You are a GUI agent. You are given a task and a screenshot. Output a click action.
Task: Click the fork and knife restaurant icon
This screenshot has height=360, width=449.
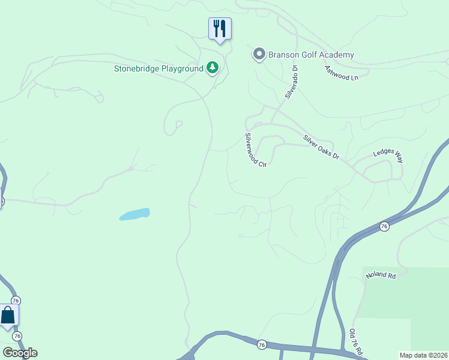220,28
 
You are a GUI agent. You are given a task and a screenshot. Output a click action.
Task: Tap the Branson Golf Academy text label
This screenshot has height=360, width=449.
312,55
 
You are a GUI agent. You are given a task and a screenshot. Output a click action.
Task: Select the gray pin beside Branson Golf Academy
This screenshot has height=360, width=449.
259,55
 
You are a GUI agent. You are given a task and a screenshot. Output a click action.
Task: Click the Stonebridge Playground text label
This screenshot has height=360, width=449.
159,68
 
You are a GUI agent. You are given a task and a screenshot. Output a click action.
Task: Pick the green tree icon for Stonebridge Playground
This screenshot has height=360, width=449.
212,68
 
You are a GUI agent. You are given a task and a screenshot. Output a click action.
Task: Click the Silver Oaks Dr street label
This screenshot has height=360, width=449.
321,147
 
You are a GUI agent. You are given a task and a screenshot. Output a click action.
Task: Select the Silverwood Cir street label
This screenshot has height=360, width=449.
255,150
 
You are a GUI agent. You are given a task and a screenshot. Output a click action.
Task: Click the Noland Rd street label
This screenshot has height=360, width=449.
381,276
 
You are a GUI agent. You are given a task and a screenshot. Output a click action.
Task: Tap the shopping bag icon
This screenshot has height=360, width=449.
8,316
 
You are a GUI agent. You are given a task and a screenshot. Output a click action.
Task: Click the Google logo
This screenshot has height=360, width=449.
20,353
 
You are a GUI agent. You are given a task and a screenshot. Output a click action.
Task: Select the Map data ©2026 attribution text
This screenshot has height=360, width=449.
423,355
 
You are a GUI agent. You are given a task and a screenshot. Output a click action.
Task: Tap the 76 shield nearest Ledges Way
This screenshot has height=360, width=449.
384,226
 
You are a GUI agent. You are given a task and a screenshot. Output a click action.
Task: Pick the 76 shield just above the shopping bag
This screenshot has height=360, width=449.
16,300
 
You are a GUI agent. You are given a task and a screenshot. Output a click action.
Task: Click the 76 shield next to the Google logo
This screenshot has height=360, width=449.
17,336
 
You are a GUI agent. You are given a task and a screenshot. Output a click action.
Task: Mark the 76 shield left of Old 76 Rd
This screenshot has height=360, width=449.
262,344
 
